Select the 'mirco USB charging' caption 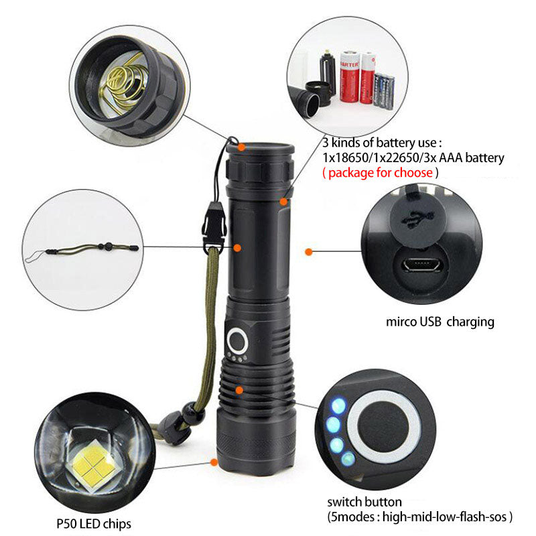[x=440, y=322]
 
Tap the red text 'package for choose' [x=381, y=173]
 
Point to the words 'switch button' [x=364, y=502]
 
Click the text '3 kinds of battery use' [x=382, y=143]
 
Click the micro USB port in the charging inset [x=421, y=266]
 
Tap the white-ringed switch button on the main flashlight [x=239, y=340]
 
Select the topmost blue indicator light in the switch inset [x=339, y=405]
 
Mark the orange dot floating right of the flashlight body [x=308, y=252]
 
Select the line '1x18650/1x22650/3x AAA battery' [x=413, y=157]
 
